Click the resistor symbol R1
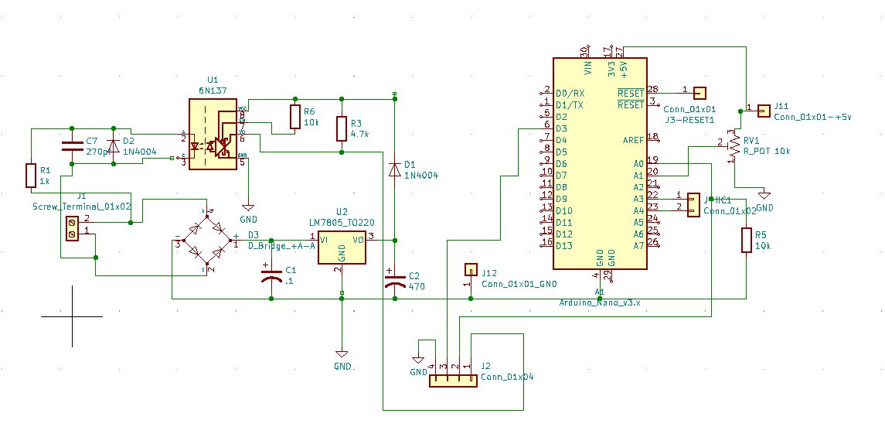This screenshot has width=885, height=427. click(30, 175)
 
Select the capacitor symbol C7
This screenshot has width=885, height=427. click(73, 145)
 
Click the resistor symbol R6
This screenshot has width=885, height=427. click(294, 117)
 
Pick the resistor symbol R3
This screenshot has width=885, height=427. click(341, 128)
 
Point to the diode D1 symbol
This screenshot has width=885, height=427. click(395, 167)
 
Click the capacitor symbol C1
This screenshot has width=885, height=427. click(270, 277)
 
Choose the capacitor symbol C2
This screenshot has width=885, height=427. click(395, 282)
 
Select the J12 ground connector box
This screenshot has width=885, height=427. click(470, 270)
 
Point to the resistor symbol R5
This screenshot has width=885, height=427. click(746, 240)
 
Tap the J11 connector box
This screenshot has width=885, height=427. click(764, 111)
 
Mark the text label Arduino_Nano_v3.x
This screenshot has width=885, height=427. click(599, 302)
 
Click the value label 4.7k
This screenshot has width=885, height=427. click(360, 134)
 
